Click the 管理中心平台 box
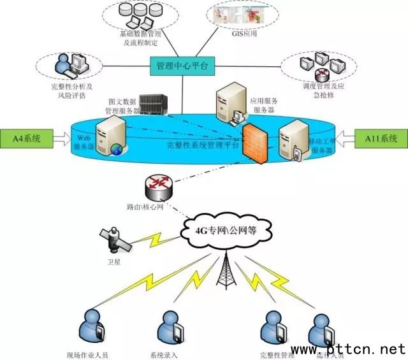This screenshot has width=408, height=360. (x=182, y=66)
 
